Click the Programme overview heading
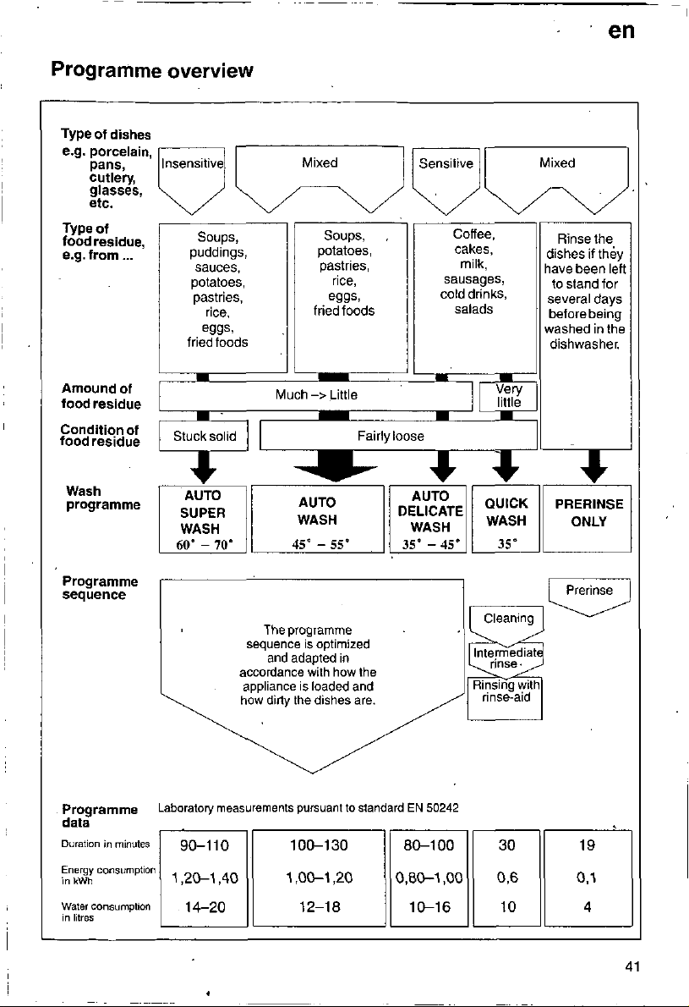tap(152, 69)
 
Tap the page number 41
tap(632, 966)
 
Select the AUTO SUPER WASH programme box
tap(203, 520)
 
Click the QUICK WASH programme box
tap(506, 519)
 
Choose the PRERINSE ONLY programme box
tap(588, 518)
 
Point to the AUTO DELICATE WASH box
tap(429, 519)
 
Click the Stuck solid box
tap(204, 436)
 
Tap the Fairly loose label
tap(391, 436)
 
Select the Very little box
tap(508, 396)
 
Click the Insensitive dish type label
tap(193, 164)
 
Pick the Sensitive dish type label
tap(446, 164)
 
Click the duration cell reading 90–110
tap(204, 845)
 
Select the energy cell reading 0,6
tap(506, 878)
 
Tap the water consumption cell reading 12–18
tap(320, 907)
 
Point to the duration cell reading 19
tap(587, 845)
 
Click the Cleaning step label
tap(508, 619)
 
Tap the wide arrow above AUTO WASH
tap(334, 465)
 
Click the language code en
tap(621, 30)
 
